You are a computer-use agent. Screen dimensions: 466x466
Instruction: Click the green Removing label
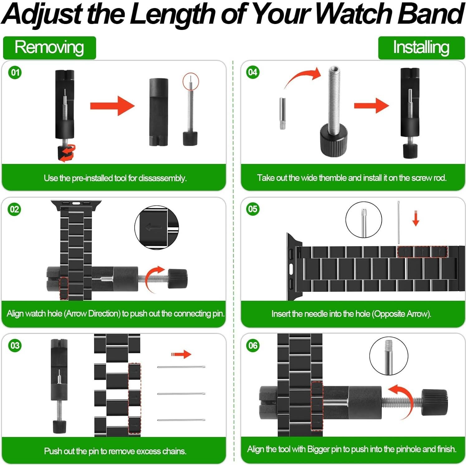click(50, 48)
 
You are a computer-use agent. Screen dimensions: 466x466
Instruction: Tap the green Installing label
click(421, 48)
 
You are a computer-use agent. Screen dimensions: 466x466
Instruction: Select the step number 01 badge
click(15, 73)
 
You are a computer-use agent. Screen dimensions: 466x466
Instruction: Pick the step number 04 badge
click(253, 72)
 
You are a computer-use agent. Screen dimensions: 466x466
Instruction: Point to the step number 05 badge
click(253, 209)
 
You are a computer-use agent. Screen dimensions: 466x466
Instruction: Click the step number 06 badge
click(253, 345)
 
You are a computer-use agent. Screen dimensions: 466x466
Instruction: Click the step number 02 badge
click(15, 209)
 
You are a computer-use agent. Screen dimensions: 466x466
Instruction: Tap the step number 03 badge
click(15, 345)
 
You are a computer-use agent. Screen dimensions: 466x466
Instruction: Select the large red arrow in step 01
click(112, 106)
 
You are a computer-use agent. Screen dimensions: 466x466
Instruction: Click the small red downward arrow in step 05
click(416, 218)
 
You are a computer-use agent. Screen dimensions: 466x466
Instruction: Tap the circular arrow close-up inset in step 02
click(156, 227)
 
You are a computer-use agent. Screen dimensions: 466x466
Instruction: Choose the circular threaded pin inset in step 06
click(388, 356)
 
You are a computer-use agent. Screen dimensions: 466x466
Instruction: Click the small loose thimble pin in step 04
click(282, 113)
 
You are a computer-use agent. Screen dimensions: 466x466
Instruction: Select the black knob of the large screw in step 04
click(334, 140)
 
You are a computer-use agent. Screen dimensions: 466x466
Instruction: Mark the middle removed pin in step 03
click(181, 394)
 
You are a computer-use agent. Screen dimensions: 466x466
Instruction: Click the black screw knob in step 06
click(435, 402)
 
